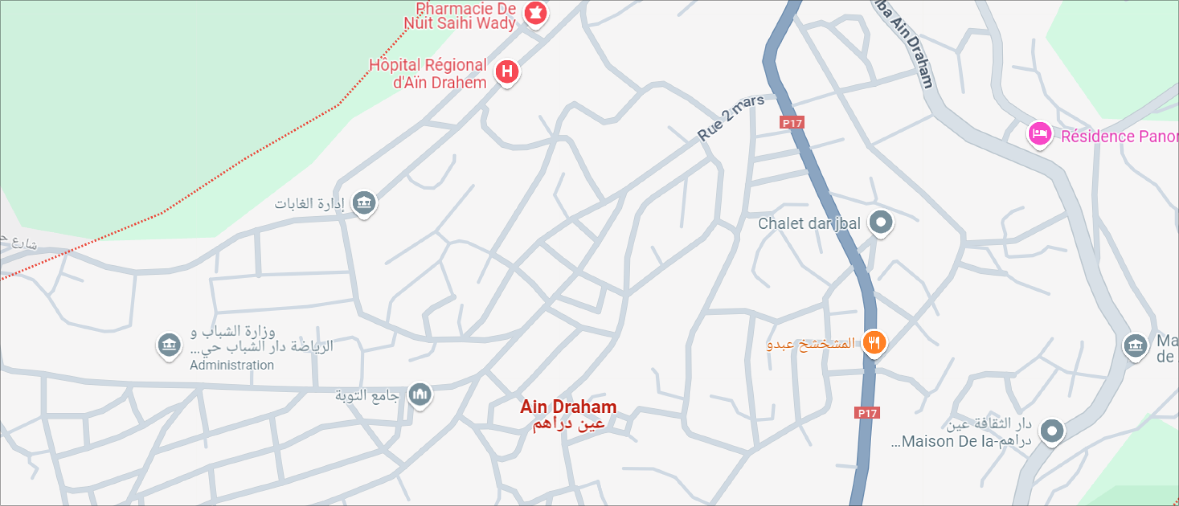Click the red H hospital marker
[x=507, y=72]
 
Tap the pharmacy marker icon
[x=535, y=14]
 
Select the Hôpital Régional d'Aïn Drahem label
[x=428, y=74]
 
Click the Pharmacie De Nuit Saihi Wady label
[x=460, y=16]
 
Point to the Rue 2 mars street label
[x=730, y=118]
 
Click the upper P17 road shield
[x=792, y=123]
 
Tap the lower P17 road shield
[x=867, y=413]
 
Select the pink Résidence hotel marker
[x=1039, y=134]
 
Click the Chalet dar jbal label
[x=809, y=223]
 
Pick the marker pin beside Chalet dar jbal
[x=880, y=222]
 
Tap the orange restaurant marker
[x=874, y=343]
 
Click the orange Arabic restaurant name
[x=811, y=344]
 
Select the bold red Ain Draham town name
[x=568, y=407]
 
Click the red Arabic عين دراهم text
[x=568, y=425]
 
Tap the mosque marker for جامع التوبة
[x=420, y=394]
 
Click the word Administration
[x=232, y=365]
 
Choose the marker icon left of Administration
[x=169, y=345]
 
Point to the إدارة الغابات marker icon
[x=364, y=202]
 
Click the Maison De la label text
[x=948, y=441]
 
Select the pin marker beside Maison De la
[x=1052, y=431]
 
